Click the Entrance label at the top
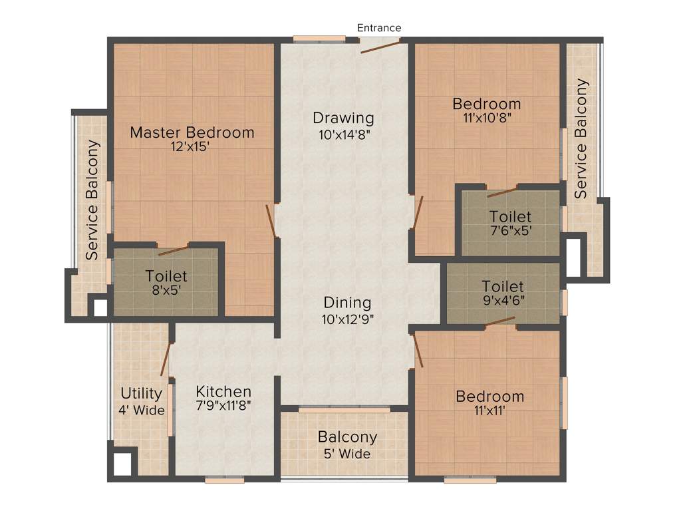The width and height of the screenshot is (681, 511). click(x=379, y=28)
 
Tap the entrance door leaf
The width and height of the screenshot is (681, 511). click(x=380, y=46)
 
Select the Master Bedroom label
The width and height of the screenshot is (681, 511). click(x=192, y=132)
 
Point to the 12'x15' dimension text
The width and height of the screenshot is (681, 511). click(x=190, y=146)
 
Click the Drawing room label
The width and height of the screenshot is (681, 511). click(x=343, y=118)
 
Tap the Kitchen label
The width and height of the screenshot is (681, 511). click(x=223, y=391)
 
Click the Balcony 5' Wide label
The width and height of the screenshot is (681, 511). click(x=347, y=445)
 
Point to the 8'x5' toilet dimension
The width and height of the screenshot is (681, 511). click(x=166, y=289)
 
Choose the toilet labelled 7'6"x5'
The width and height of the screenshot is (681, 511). click(x=510, y=224)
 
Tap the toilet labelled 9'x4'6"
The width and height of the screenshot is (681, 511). click(x=503, y=293)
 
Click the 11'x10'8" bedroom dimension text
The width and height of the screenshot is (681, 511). click(x=487, y=118)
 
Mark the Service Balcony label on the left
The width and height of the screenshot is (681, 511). click(x=92, y=200)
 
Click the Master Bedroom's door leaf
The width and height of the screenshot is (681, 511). click(x=271, y=220)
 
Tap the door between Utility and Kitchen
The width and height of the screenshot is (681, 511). click(x=166, y=359)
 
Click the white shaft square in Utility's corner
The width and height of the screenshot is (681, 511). click(x=122, y=464)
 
